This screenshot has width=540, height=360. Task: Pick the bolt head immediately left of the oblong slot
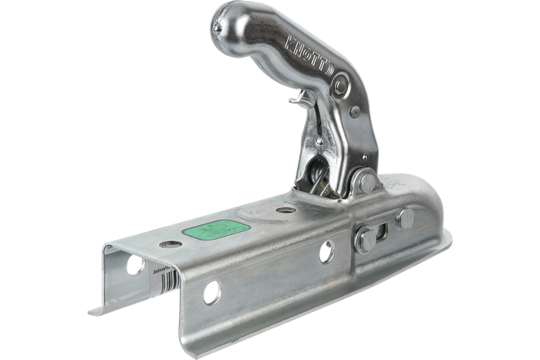tap(365, 240)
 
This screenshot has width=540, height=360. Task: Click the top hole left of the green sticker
tap(171, 244)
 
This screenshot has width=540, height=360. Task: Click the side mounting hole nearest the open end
tap(211, 292)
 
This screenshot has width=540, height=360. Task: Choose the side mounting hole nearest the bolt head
tap(326, 252)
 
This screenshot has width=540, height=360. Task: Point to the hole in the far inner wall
tap(135, 265)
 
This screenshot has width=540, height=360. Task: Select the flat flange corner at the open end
tap(96, 311)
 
